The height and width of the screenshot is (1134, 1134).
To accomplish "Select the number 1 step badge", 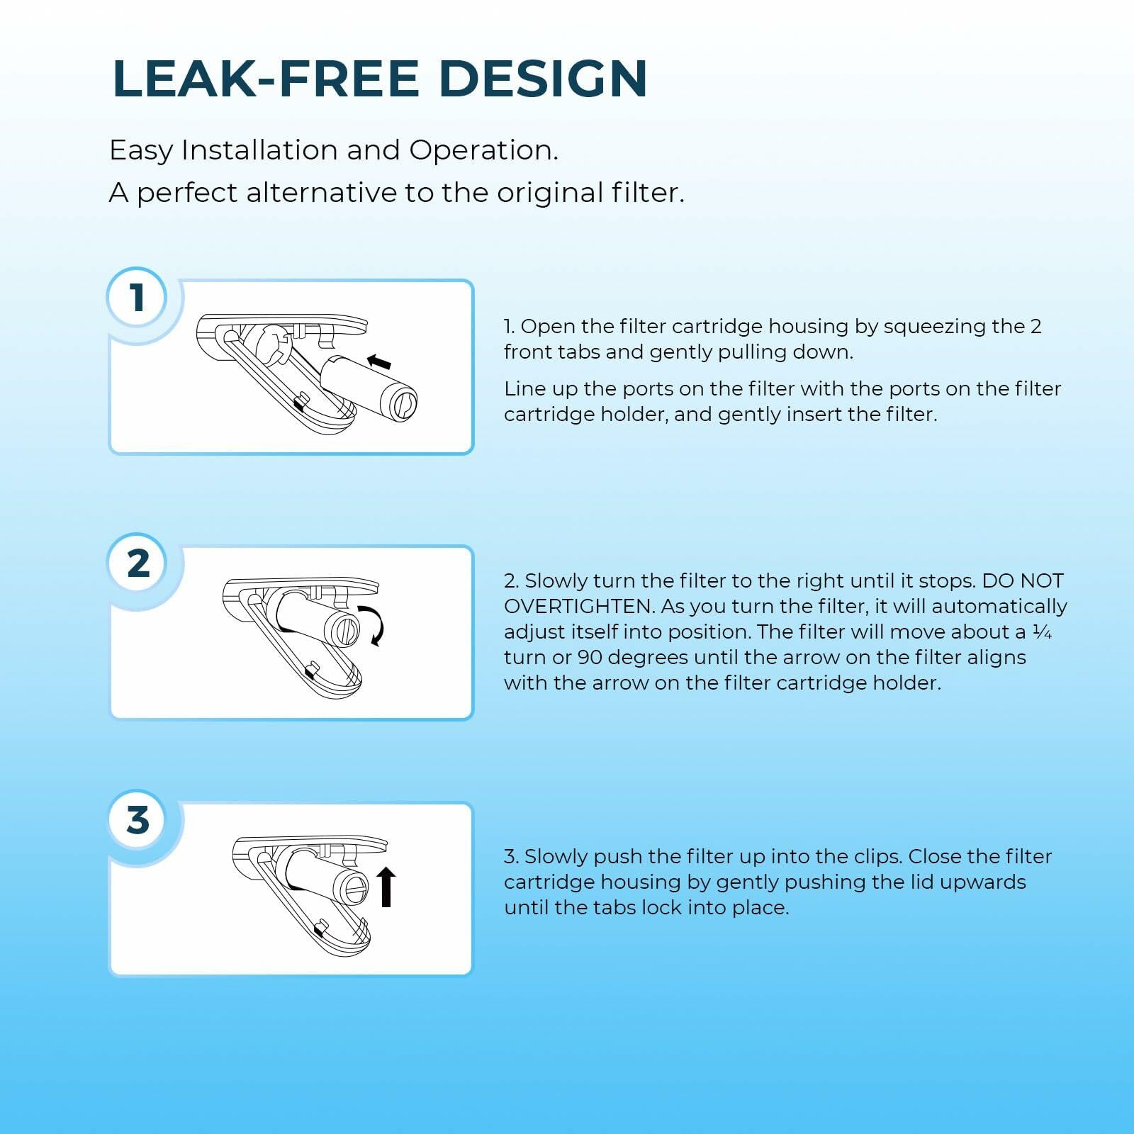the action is (137, 298).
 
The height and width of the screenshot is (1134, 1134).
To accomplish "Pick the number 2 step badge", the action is (137, 563).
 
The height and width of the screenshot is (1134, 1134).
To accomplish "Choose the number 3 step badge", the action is (137, 820).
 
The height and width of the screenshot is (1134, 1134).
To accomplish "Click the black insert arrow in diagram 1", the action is (379, 362).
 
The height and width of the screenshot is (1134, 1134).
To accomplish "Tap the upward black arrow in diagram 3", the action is (386, 887).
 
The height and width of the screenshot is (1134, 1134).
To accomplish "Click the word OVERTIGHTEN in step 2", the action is (578, 606).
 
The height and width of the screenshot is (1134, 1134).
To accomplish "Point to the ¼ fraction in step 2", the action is (1042, 631).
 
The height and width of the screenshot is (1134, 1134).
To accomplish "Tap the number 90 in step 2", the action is (590, 657).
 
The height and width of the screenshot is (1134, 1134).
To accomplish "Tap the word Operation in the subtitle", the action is (483, 150).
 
